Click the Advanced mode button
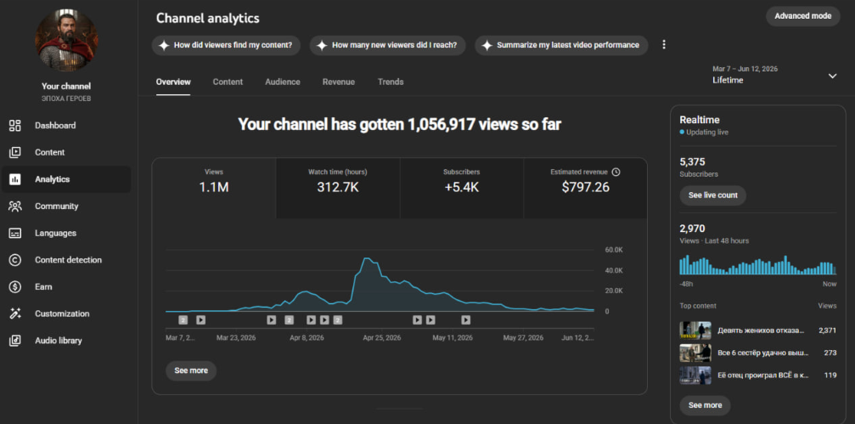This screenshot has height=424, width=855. (802, 16)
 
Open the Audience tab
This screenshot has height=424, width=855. (283, 82)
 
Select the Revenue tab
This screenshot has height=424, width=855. (339, 82)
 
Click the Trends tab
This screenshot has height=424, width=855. (391, 82)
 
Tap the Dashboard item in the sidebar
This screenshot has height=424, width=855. (55, 126)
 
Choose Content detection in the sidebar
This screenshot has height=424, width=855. (68, 260)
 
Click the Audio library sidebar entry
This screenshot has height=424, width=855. (59, 341)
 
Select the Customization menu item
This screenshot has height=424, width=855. (62, 314)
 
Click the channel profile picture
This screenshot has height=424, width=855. (66, 40)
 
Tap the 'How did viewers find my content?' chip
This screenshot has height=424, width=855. (226, 45)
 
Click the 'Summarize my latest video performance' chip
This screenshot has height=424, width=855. (561, 45)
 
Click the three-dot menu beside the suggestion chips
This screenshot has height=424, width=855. (664, 45)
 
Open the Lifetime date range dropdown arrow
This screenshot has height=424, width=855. (832, 76)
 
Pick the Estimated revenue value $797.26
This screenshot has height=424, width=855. (586, 188)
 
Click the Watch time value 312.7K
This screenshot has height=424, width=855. (338, 188)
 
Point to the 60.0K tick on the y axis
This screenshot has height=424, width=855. (613, 250)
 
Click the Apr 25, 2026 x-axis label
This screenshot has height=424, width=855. (382, 338)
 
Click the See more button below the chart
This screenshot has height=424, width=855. (191, 370)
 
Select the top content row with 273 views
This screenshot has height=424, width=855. (758, 353)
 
